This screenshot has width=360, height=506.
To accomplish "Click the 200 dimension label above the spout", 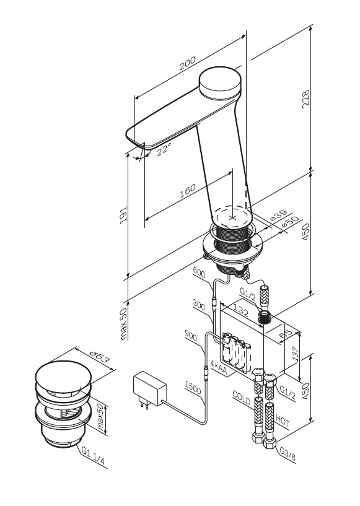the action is (188, 64).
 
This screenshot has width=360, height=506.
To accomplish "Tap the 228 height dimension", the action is (305, 99).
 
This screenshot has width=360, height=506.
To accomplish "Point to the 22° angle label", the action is (164, 149).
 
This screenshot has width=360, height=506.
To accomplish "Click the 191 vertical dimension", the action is (123, 216).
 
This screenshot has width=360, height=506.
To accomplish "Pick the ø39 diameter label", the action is (278, 216).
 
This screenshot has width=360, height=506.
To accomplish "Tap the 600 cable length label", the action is (199, 273).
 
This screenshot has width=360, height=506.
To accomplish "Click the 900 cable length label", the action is (191, 335).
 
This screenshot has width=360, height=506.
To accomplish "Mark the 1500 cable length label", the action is (193, 388).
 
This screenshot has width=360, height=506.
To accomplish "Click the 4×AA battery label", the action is (219, 368).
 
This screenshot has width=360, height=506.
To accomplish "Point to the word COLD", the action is (242, 398).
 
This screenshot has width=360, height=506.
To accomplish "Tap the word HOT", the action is (283, 422).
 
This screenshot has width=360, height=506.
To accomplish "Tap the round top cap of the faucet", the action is (221, 81).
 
